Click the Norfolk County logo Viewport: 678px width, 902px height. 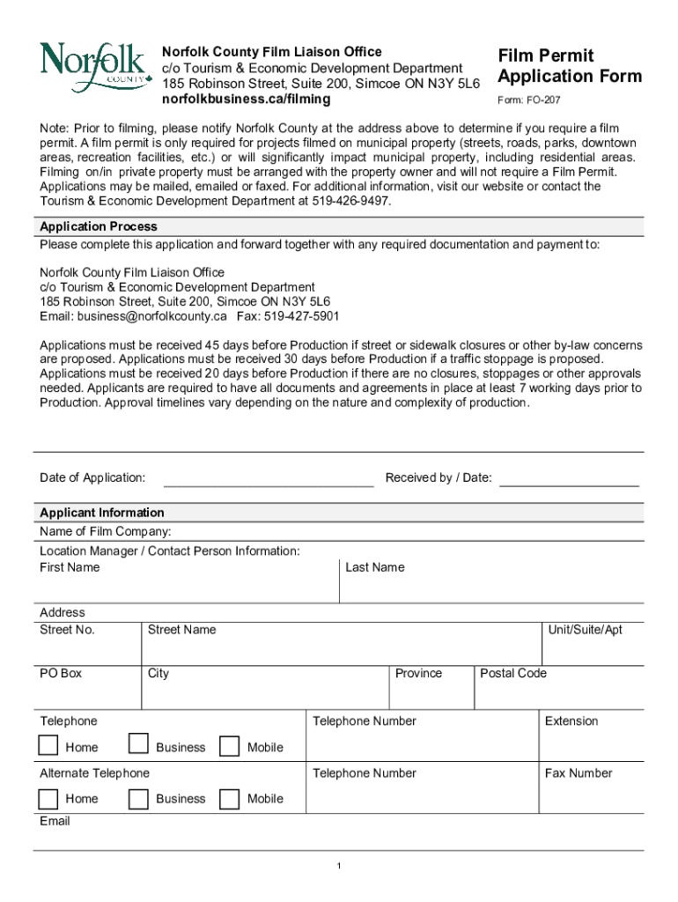[x=92, y=67]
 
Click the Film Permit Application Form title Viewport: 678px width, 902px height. [x=570, y=66]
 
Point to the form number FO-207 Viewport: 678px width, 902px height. [x=529, y=100]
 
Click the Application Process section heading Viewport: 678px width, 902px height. [x=99, y=226]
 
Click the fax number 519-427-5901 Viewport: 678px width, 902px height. [x=305, y=316]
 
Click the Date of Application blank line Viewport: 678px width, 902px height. [x=269, y=484]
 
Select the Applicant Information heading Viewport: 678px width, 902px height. [x=102, y=513]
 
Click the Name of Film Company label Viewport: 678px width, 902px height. [x=106, y=531]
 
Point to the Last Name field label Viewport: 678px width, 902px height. [x=375, y=567]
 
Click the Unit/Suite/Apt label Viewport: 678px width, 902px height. [x=585, y=630]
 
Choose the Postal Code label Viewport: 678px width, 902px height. [x=513, y=673]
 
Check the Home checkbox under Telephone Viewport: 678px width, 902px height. [x=48, y=746]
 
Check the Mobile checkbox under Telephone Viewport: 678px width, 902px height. [x=229, y=746]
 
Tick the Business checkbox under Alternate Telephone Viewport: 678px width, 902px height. [x=138, y=798]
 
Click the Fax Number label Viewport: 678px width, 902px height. [x=579, y=773]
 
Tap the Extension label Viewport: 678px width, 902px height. [x=571, y=721]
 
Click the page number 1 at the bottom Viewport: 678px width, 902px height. [x=339, y=867]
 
